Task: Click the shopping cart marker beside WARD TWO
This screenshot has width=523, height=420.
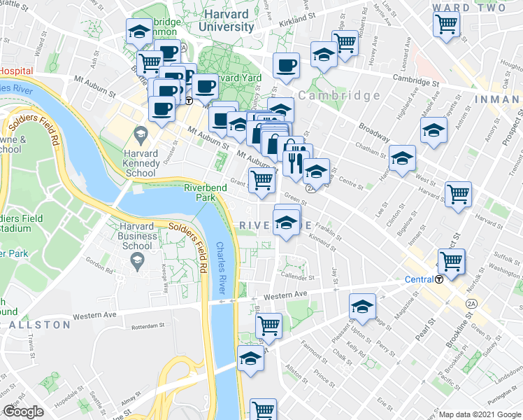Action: [x=446, y=24]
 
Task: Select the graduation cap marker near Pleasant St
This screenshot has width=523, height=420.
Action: [x=362, y=307]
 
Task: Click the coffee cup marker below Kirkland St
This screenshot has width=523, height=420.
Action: [x=286, y=66]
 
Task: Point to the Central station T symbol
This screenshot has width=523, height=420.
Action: [x=439, y=279]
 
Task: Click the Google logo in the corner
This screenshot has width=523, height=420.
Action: [x=24, y=412]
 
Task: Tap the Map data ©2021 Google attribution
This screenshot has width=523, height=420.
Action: [x=480, y=414]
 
